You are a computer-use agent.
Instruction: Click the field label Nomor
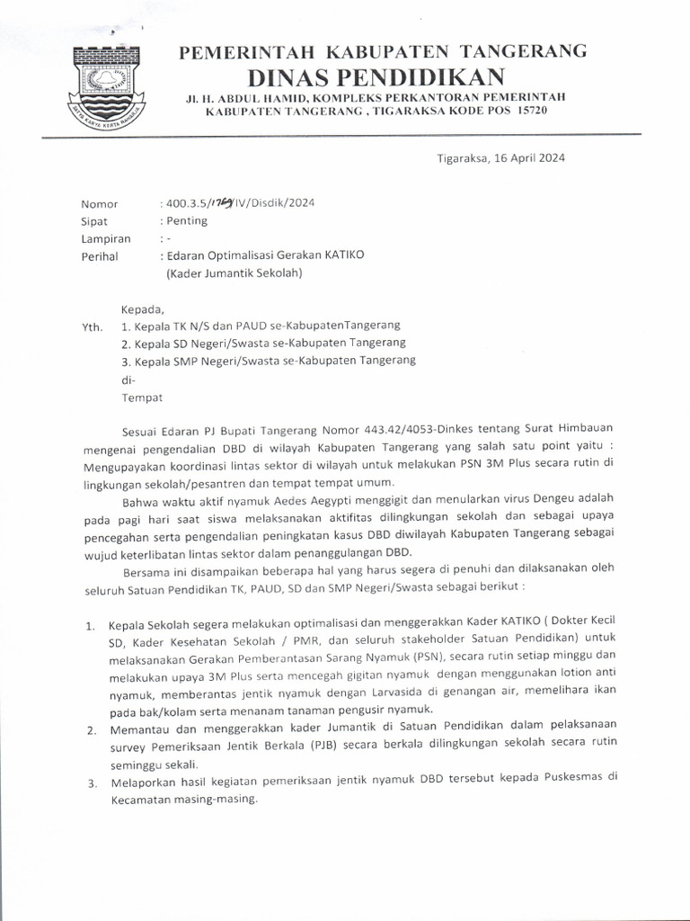99,203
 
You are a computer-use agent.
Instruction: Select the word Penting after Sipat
185,220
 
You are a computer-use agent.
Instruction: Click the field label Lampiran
106,238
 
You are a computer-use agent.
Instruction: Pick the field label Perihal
101,256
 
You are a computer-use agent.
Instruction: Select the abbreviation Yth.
91,326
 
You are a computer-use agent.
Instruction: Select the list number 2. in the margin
92,729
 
